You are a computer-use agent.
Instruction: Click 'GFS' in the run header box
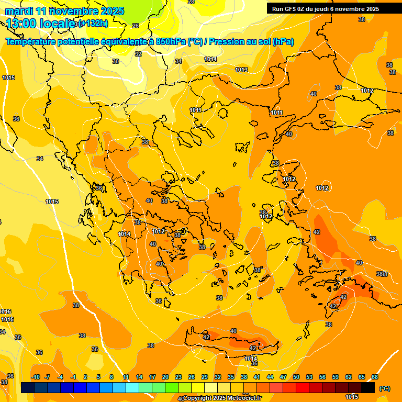click(x=291, y=8)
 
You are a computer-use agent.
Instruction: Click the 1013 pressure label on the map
click(x=241, y=70)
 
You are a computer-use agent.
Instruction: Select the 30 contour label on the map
click(x=116, y=61)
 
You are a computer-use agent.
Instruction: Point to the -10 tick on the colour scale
click(x=36, y=377)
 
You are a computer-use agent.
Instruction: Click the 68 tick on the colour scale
click(x=375, y=377)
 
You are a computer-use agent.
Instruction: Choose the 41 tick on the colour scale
click(x=257, y=377)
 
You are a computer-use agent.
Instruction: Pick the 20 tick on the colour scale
click(x=165, y=377)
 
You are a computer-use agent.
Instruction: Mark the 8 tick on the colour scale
click(x=111, y=377)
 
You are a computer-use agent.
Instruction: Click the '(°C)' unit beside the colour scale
click(x=385, y=388)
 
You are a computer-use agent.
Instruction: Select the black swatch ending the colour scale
click(x=368, y=388)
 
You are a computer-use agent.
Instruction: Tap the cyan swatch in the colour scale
click(x=132, y=388)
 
